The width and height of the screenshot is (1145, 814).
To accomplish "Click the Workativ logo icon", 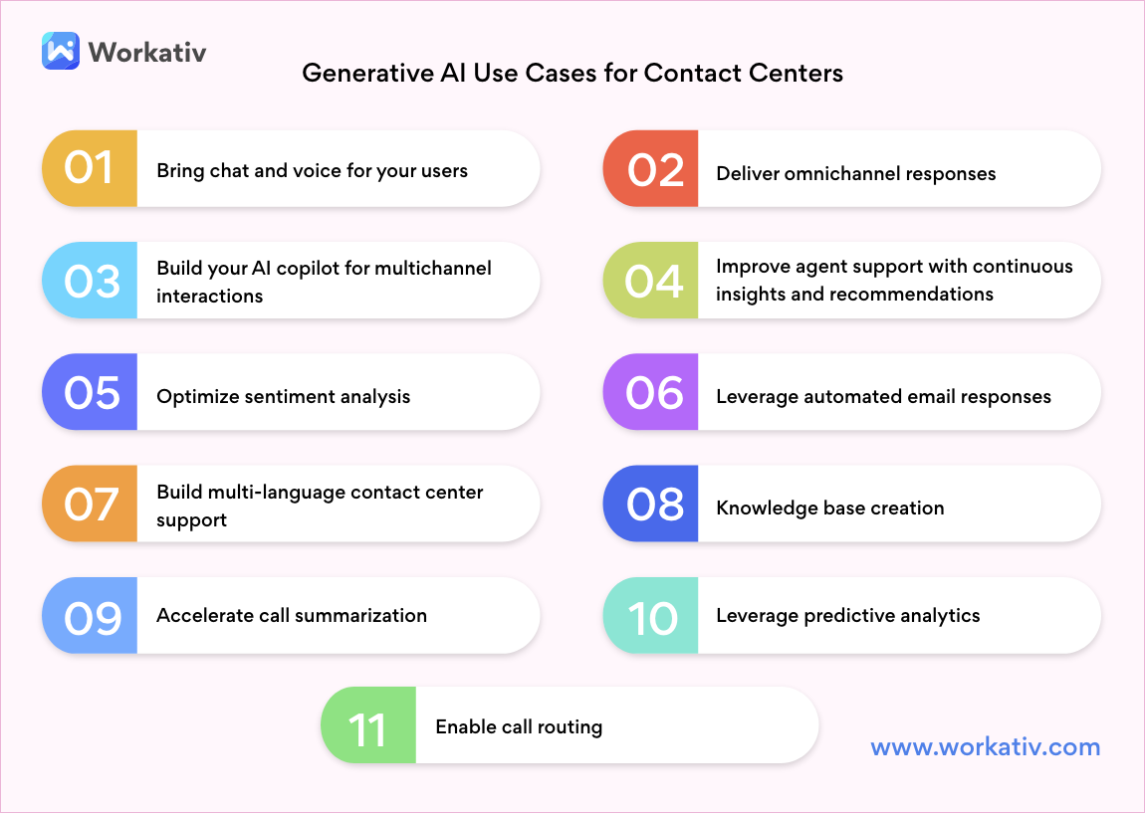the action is (x=61, y=51).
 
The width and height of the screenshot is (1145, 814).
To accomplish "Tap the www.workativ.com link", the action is (x=986, y=747).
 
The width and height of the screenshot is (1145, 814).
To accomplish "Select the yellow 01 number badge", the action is (x=90, y=168).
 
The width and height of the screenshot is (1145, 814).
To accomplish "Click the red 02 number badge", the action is (x=651, y=169).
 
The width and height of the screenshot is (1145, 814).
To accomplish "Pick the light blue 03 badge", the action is (x=90, y=281).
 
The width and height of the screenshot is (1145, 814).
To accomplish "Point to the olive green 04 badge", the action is (x=651, y=281).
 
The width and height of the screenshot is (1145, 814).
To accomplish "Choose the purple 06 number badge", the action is (x=651, y=393).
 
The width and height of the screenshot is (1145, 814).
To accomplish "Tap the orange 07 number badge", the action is (x=90, y=505).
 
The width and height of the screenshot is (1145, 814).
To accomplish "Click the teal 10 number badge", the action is (x=651, y=617).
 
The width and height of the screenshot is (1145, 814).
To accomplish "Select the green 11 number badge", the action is (x=368, y=728).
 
